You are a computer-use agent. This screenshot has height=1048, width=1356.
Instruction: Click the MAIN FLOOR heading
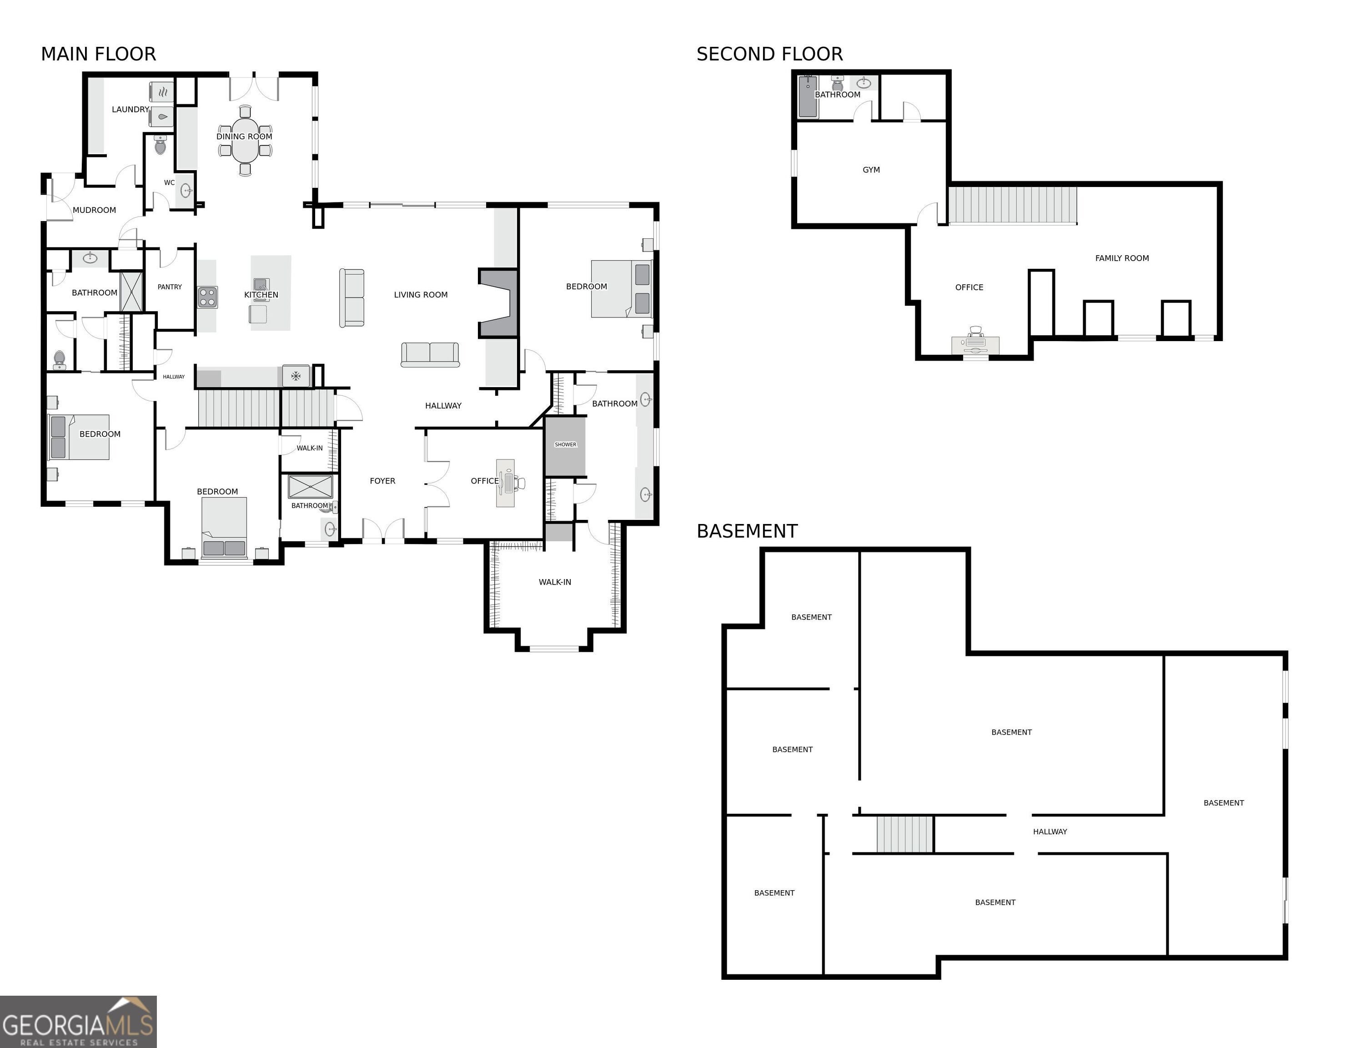pyautogui.click(x=98, y=54)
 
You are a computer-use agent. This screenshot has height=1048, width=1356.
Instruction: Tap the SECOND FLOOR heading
pyautogui.click(x=769, y=54)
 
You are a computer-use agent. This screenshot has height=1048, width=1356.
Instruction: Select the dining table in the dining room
pyautogui.click(x=245, y=139)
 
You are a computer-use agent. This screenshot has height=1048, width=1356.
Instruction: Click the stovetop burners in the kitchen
pyautogui.click(x=207, y=297)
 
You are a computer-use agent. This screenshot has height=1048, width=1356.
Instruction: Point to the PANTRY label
pyautogui.click(x=170, y=287)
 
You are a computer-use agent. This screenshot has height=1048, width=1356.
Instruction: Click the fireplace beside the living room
pyautogui.click(x=498, y=303)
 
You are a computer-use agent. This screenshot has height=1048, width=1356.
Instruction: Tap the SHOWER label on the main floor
pyautogui.click(x=565, y=445)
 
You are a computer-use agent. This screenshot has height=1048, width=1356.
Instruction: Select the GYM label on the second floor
pyautogui.click(x=871, y=170)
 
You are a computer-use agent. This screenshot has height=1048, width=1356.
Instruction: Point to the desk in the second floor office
pyautogui.click(x=975, y=345)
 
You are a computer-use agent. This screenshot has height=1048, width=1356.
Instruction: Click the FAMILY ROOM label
pyautogui.click(x=1121, y=258)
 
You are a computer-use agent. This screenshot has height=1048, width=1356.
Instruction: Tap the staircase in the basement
pyautogui.click(x=904, y=834)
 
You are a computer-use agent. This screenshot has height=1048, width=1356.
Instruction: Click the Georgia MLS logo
pyautogui.click(x=78, y=1021)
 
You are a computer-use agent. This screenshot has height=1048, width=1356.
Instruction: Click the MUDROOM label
pyautogui.click(x=95, y=210)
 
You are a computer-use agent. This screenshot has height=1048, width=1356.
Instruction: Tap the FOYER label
pyautogui.click(x=382, y=481)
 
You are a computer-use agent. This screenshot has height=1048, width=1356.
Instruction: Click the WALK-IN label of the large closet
pyautogui.click(x=554, y=582)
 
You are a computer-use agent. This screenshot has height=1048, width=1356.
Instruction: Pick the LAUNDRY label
pyautogui.click(x=130, y=109)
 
